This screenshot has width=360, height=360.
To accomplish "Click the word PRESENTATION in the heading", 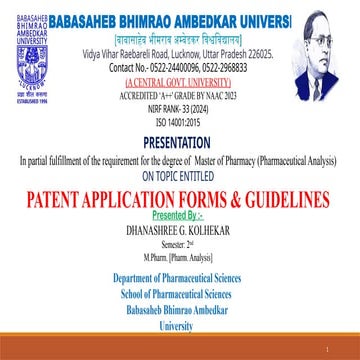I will tap(180, 143).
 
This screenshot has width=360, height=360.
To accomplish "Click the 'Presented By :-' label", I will tap(180, 212).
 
